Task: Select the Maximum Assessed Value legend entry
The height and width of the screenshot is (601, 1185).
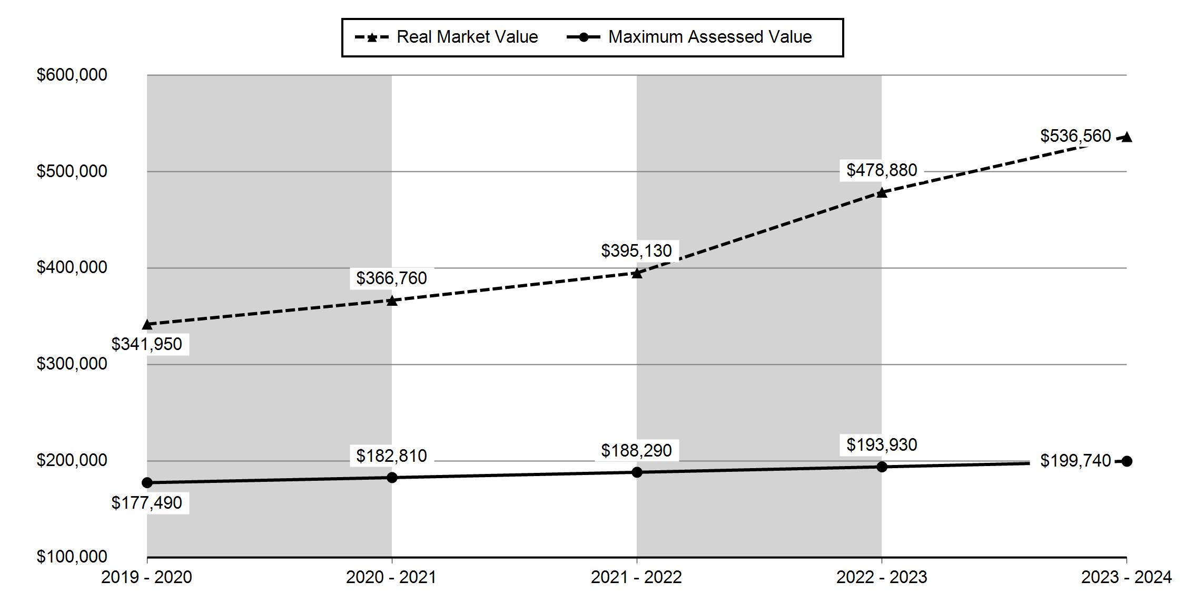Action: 689,37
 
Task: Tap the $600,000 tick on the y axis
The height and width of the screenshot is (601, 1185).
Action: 72,75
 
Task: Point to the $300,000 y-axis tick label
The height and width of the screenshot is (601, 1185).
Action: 72,364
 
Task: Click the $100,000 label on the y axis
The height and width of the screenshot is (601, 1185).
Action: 72,557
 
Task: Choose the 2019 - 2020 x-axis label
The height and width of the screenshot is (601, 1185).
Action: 146,577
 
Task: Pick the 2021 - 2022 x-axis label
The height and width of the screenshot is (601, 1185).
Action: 636,577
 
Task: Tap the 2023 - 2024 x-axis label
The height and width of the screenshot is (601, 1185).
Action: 1127,577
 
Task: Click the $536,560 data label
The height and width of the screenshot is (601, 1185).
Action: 1075,136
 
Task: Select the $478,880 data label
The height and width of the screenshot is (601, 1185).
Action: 882,170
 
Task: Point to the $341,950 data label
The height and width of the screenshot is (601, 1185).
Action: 146,344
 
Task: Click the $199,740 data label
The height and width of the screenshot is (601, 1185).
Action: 1075,461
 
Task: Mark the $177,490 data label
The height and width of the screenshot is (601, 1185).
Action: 146,503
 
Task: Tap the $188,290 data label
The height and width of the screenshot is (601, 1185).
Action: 636,451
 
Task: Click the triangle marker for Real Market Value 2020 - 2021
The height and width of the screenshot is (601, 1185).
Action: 392,300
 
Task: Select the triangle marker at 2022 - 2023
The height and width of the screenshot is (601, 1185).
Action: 882,192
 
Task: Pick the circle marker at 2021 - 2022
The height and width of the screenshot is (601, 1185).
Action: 637,472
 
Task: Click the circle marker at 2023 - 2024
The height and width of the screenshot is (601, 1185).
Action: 1127,461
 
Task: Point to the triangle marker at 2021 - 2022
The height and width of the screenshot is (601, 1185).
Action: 637,273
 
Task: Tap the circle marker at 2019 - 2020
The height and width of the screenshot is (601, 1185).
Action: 147,482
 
